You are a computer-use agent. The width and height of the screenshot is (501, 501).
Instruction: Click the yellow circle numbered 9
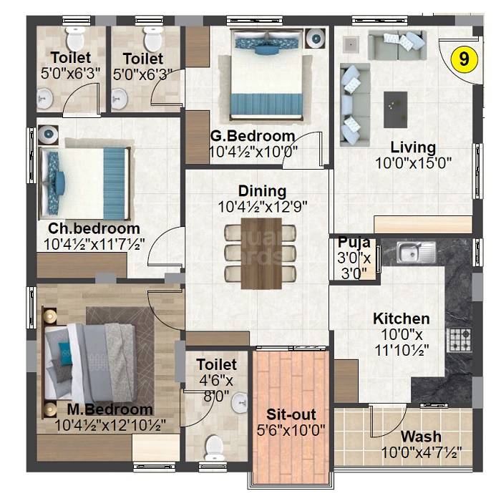pyautogui.click(x=464, y=60)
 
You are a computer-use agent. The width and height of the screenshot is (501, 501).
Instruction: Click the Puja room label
pyautogui.click(x=354, y=242)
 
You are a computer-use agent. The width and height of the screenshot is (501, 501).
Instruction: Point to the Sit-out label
pyautogui.click(x=291, y=415)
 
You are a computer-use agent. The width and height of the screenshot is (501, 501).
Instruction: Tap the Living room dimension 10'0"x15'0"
pyautogui.click(x=414, y=162)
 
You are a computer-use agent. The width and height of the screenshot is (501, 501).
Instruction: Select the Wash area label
pyautogui.click(x=421, y=437)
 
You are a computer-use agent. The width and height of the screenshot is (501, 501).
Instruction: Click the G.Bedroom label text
pyautogui.click(x=253, y=136)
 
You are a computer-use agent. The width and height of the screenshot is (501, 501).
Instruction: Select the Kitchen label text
pyautogui.click(x=402, y=318)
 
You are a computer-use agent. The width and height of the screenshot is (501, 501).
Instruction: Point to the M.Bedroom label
pyautogui.click(x=110, y=409)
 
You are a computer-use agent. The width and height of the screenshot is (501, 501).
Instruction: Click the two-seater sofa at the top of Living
pyautogui.click(x=391, y=45)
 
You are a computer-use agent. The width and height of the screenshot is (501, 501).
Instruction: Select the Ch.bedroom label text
pyautogui.click(x=94, y=228)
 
